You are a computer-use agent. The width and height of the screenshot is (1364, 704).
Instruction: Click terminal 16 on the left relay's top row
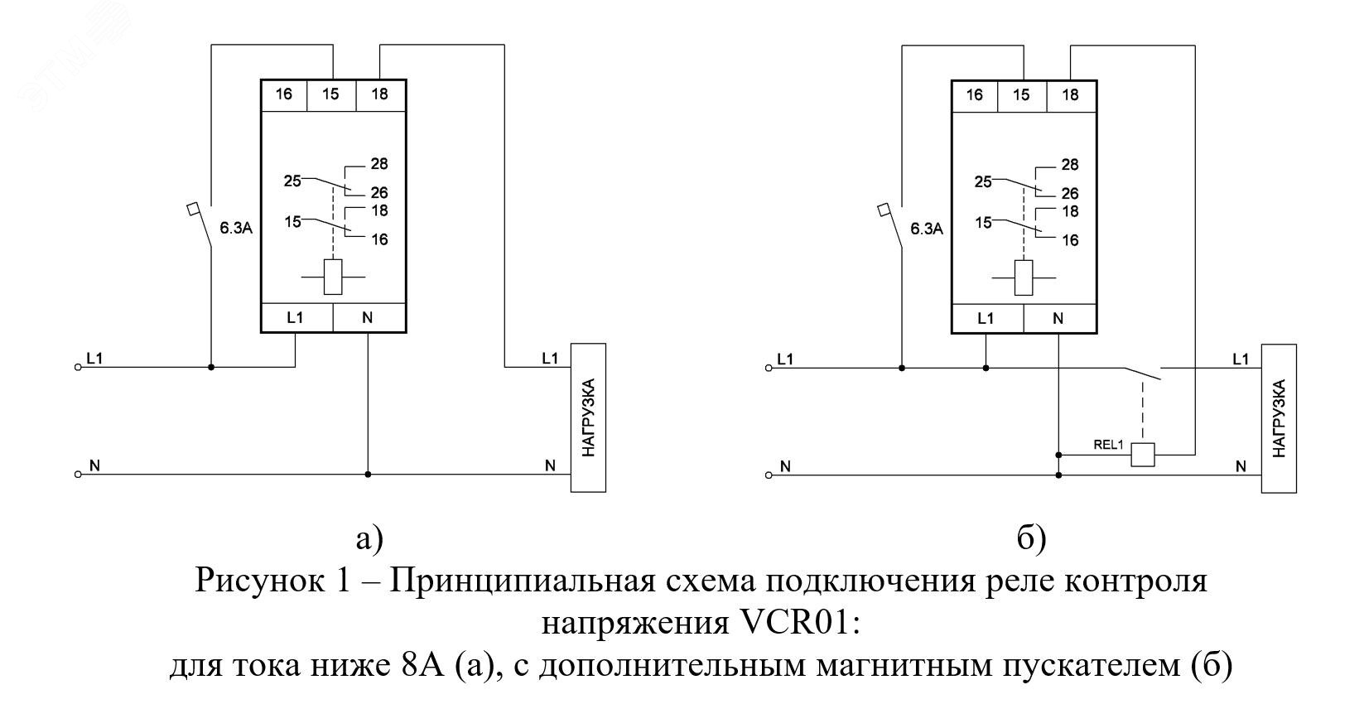click(284, 94)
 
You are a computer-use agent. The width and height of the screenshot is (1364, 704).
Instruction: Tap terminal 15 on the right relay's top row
click(1021, 94)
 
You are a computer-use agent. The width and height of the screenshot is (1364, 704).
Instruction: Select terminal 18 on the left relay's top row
click(379, 94)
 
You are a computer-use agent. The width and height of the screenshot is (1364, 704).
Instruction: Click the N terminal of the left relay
click(368, 317)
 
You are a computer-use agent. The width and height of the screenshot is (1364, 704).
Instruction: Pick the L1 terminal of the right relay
click(986, 318)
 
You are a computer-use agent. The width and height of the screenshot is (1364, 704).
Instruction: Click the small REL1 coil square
click(1143, 455)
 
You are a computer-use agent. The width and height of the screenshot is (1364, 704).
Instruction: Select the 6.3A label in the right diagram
click(927, 229)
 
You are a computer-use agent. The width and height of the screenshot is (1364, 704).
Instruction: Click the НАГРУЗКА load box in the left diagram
click(588, 417)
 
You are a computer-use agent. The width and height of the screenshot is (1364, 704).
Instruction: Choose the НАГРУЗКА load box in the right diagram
click(1279, 417)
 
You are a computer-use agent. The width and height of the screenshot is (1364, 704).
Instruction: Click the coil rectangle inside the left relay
click(333, 277)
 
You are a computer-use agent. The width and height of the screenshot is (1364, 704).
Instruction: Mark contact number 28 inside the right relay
click(1070, 165)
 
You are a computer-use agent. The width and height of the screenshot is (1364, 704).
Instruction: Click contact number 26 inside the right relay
click(1070, 193)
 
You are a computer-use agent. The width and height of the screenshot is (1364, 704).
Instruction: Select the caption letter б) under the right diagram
click(1032, 539)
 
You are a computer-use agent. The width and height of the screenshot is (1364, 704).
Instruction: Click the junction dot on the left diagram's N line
click(368, 475)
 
